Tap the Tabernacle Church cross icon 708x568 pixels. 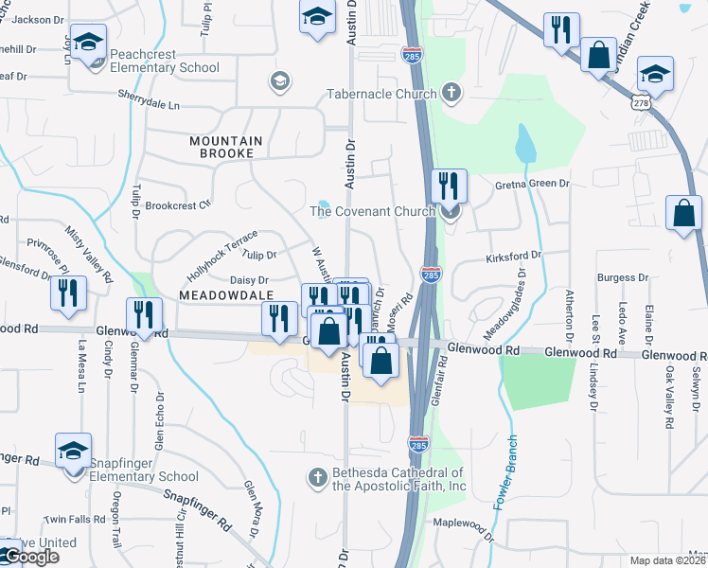pos(451,93)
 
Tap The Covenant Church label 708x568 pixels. pos(372,211)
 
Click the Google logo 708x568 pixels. pos(30,556)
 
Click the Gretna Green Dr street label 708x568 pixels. pos(533,184)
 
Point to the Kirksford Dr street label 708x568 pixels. pos(513,256)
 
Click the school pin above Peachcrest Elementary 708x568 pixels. pos(89,44)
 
